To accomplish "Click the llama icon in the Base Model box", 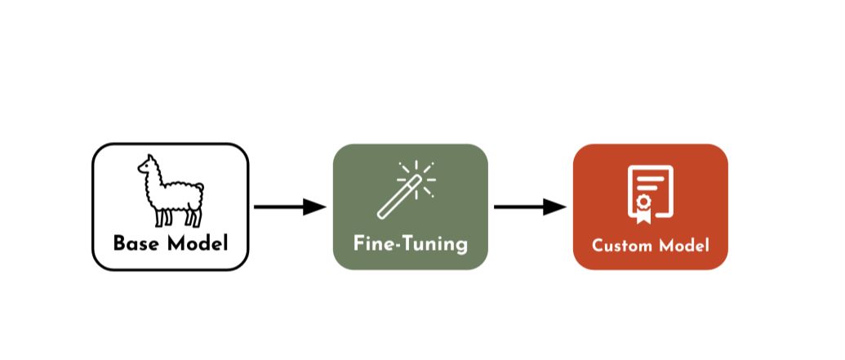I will tap(170, 191).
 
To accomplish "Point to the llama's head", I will tap(147, 167).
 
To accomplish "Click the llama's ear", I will tap(149, 158).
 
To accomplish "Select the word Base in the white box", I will tap(132, 243).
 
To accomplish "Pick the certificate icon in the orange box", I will tap(650, 193).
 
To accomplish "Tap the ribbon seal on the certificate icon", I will tap(643, 204).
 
